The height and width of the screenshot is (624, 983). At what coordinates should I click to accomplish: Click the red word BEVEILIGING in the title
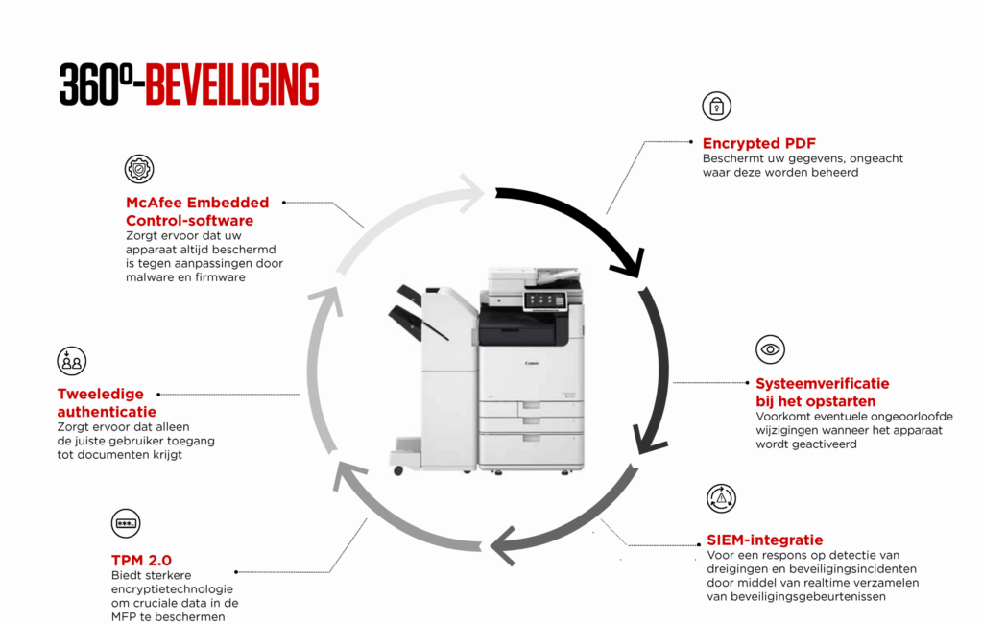[232, 84]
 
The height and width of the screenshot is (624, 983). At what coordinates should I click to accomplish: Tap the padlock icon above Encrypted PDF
[716, 106]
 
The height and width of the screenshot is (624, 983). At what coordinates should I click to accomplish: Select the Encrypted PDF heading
[759, 143]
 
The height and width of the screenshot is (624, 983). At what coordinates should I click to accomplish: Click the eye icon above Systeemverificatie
[770, 349]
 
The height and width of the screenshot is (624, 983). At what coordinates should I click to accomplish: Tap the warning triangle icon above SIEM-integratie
[721, 497]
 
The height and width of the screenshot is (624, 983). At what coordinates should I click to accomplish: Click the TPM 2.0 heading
[141, 560]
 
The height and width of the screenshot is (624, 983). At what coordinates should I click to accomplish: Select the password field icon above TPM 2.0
[126, 523]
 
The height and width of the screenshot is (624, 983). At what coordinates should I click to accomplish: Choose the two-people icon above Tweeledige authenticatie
[72, 361]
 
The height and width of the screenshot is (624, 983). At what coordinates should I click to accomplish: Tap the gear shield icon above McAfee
[139, 169]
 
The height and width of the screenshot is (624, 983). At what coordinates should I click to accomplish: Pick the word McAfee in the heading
[157, 203]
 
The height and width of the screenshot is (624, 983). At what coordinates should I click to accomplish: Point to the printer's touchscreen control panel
[542, 300]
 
